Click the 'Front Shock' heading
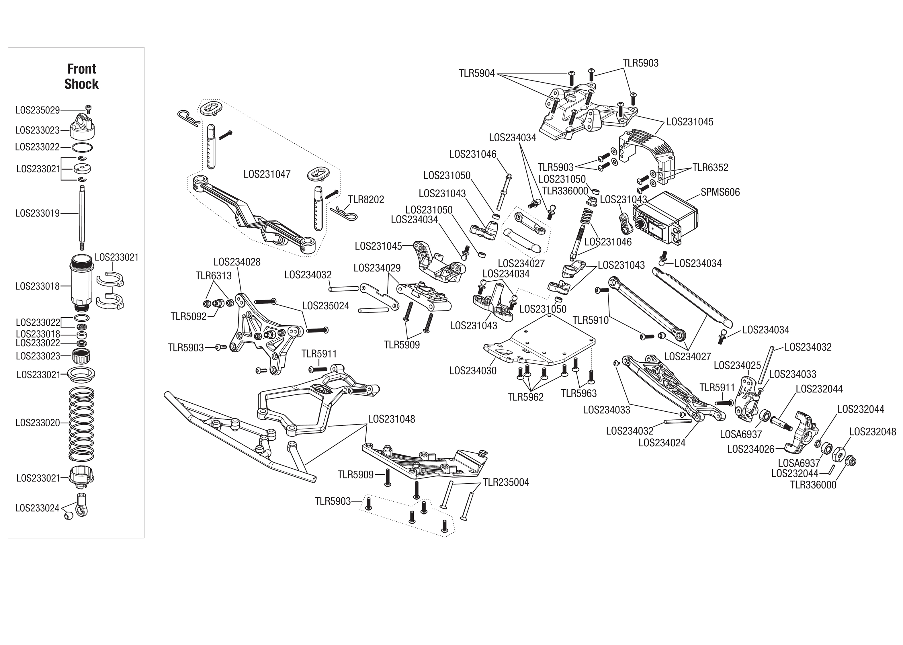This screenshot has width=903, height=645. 81,76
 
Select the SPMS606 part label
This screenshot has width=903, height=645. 720,192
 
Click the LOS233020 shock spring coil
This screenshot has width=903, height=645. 82,423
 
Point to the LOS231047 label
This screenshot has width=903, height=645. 267,174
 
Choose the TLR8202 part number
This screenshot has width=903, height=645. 366,200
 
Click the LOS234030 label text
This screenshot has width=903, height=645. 472,371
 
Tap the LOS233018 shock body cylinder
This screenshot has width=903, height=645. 82,286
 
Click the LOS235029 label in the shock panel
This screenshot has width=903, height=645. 37,110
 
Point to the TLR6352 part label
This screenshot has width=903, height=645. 710,168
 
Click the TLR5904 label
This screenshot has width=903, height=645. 476,73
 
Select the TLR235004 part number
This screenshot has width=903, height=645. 506,482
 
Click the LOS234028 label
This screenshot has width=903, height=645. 237,262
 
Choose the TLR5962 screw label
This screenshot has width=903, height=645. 525,397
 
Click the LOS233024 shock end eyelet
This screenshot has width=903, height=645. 81,506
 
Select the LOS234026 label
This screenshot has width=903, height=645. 750,449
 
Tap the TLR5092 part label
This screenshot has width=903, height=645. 189,316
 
